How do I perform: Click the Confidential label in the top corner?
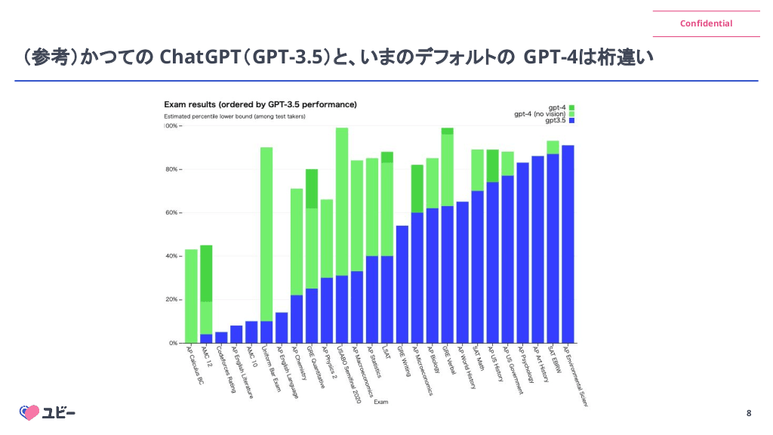coord(706,23)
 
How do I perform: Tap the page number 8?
coord(748,412)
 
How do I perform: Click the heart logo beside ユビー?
coord(29,412)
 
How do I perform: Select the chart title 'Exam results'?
coord(260,104)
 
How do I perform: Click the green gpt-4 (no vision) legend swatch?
coord(571,114)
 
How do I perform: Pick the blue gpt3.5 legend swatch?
coord(571,121)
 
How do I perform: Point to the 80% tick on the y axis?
coord(171,170)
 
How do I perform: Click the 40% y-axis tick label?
coord(171,257)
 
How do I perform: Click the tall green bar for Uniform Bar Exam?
coord(266,234)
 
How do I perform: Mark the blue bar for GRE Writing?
coord(402,284)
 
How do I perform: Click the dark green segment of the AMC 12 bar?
coord(206,273)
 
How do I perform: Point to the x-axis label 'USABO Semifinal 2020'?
coord(349,375)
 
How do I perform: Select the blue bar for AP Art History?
coord(537,249)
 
